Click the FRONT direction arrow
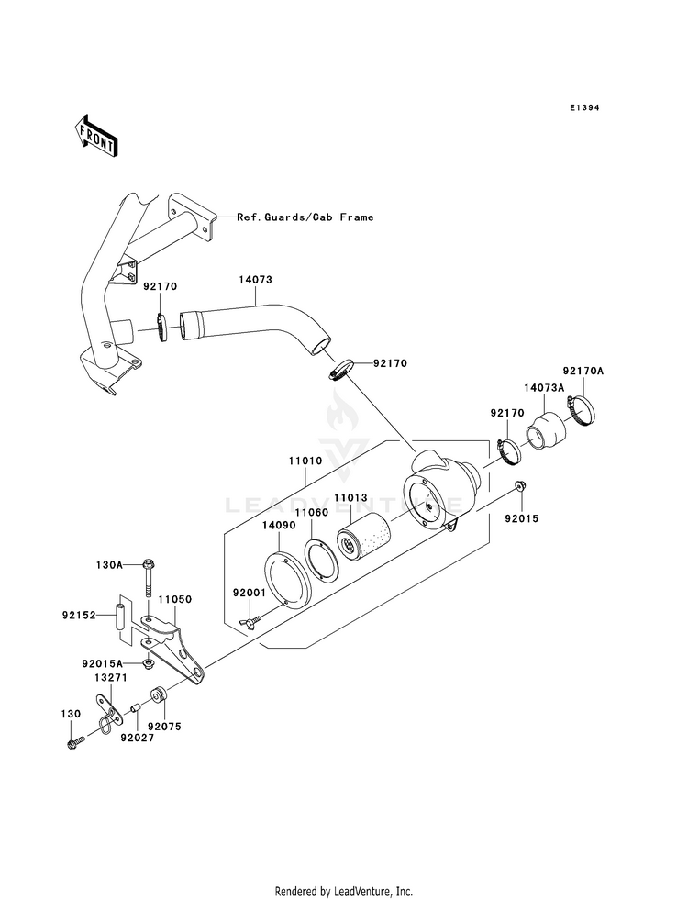pyautogui.click(x=95, y=136)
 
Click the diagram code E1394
pyautogui.click(x=584, y=107)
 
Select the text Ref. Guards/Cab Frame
pyautogui.click(x=305, y=217)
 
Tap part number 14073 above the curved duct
pyautogui.click(x=255, y=280)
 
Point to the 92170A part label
pyautogui.click(x=583, y=372)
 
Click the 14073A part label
pyautogui.click(x=544, y=387)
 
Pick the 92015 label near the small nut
pyautogui.click(x=522, y=518)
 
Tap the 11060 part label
pyautogui.click(x=312, y=512)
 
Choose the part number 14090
pyautogui.click(x=279, y=525)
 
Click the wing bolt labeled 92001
pyautogui.click(x=250, y=621)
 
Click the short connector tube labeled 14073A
pyautogui.click(x=546, y=438)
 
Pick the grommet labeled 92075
pyautogui.click(x=158, y=694)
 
